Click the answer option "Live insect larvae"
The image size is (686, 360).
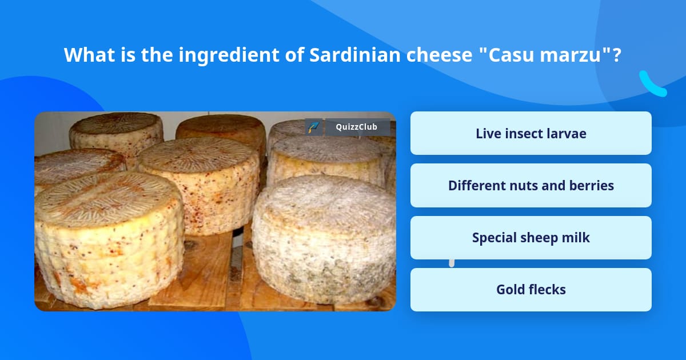531,133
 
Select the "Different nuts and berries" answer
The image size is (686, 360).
531,186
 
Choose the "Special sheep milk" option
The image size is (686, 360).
531,238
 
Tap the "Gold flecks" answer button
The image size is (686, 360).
531,290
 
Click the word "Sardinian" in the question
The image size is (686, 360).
355,54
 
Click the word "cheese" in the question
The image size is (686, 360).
439,55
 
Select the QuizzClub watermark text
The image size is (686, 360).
357,127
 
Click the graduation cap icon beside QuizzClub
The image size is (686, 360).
314,127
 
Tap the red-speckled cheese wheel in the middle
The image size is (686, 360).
198,185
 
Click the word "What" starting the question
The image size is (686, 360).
89,54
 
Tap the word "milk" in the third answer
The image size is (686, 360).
576,238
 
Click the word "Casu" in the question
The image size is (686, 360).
511,55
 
